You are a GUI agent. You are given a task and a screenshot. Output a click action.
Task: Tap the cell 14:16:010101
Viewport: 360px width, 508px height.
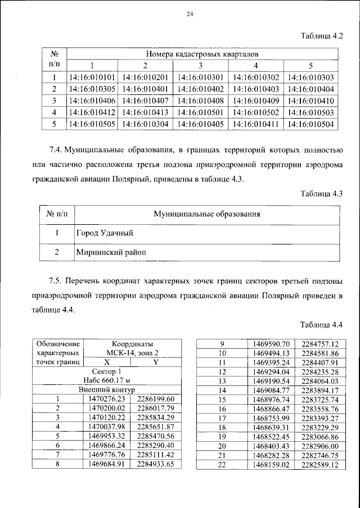tap(91, 78)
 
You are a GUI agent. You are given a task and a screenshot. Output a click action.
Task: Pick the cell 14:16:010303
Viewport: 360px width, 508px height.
tap(310, 78)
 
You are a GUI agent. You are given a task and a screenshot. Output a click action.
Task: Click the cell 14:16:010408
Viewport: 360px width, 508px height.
tap(201, 101)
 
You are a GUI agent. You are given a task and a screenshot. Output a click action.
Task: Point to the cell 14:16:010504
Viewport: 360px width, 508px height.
tap(310, 124)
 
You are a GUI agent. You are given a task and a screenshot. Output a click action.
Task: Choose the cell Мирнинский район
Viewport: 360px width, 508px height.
tap(110, 252)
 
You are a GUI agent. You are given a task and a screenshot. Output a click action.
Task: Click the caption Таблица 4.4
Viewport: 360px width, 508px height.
tap(322, 325)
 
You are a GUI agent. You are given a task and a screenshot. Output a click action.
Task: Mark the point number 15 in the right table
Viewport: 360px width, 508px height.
tap(221, 398)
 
